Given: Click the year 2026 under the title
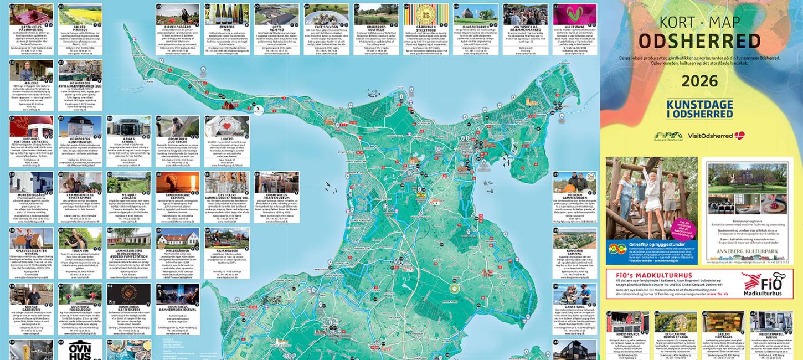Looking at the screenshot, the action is click(699, 81).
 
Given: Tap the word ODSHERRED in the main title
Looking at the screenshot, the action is click(699, 40).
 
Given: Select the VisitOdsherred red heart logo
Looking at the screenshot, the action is click(739, 135).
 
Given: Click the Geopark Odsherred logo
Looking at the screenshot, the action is click(668, 136).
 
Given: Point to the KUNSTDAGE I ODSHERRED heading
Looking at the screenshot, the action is click(699, 110).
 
